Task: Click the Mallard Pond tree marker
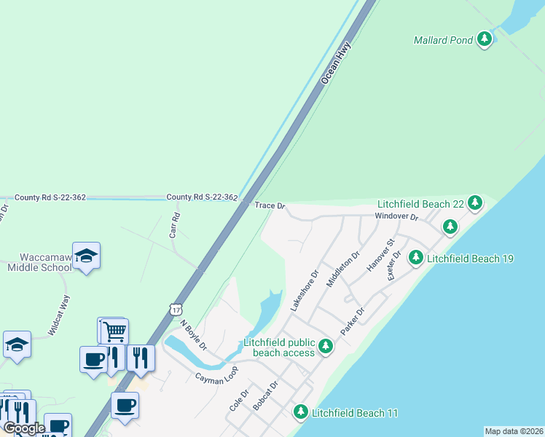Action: point(485,40)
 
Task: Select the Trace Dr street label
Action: point(270,206)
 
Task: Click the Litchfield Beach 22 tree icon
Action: point(475,203)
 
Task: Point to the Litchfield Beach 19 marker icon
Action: point(415,258)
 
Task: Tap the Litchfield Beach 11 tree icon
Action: point(300,412)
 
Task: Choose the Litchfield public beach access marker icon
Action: point(326,346)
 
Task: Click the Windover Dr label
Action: point(396,217)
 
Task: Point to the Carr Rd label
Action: point(174,227)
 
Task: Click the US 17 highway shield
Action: point(175,310)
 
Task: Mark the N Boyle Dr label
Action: point(194,334)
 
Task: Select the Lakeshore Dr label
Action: point(305,292)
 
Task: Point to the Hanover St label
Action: point(380,255)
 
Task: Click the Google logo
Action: point(24,428)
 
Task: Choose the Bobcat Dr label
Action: point(265,395)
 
